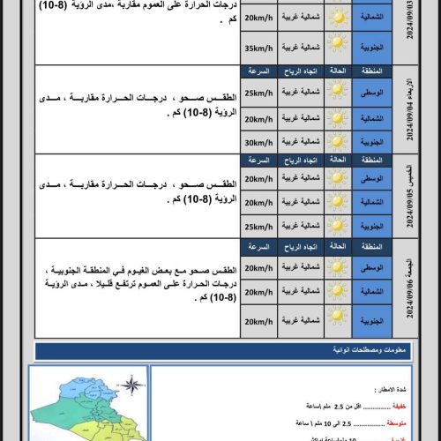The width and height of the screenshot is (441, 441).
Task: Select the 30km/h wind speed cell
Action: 259,141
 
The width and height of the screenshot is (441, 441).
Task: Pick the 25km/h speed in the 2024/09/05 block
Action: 259,226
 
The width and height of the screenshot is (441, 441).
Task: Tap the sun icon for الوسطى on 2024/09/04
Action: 336,92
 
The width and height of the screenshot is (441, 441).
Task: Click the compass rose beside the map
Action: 131,386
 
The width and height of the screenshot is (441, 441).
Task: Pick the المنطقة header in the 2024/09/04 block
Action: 371,71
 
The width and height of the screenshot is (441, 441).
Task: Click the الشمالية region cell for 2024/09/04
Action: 371,117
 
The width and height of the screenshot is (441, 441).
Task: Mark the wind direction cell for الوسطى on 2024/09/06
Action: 297,267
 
